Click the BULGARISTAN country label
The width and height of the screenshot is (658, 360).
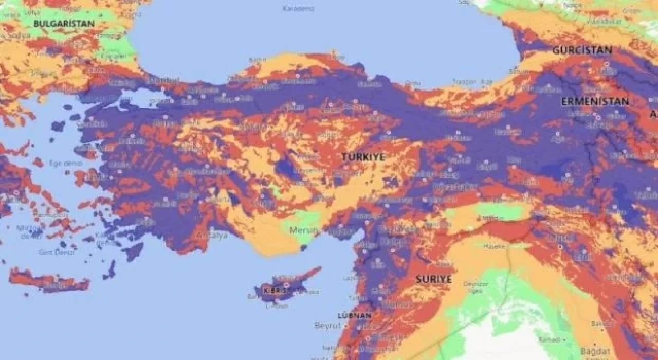(x=64, y=23)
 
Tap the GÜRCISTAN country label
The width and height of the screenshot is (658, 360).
(x=582, y=50)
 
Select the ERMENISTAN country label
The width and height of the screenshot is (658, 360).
(x=595, y=101)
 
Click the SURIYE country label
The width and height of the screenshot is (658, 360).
(x=434, y=279)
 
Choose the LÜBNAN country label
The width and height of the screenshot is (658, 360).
(x=354, y=315)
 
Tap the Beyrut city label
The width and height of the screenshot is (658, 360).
(x=327, y=326)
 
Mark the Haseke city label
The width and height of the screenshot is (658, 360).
(x=494, y=246)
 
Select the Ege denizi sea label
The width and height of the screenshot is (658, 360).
(x=62, y=163)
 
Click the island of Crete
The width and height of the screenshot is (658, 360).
(x=49, y=280)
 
